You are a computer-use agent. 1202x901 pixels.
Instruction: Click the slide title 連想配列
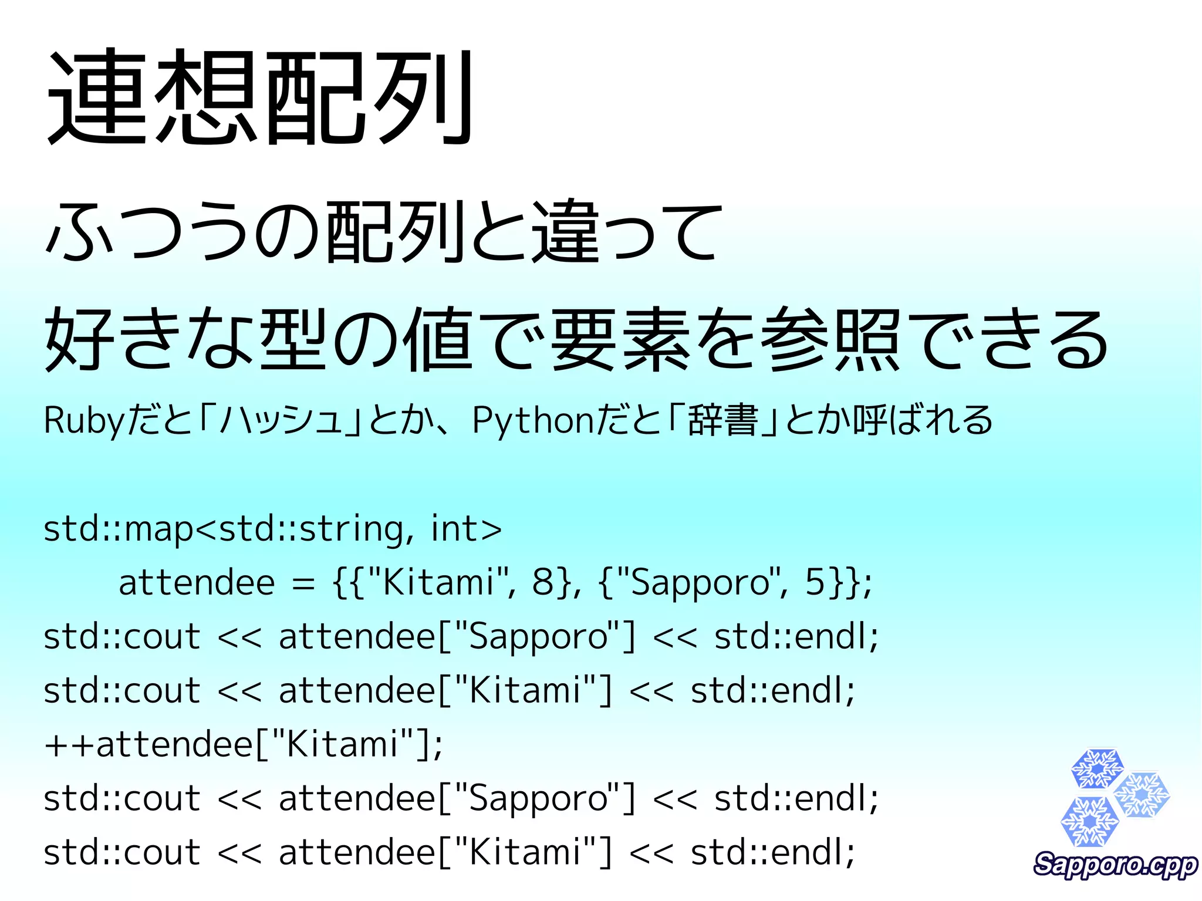click(x=260, y=97)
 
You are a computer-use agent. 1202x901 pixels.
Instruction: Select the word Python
click(x=534, y=421)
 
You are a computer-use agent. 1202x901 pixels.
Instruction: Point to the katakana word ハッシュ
click(x=281, y=421)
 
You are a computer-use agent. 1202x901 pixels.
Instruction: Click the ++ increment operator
click(x=69, y=745)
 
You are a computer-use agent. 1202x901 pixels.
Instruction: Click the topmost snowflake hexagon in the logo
click(x=1096, y=768)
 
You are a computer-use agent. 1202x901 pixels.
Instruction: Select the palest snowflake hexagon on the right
click(x=1142, y=795)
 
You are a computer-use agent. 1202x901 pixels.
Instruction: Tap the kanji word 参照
click(x=830, y=340)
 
